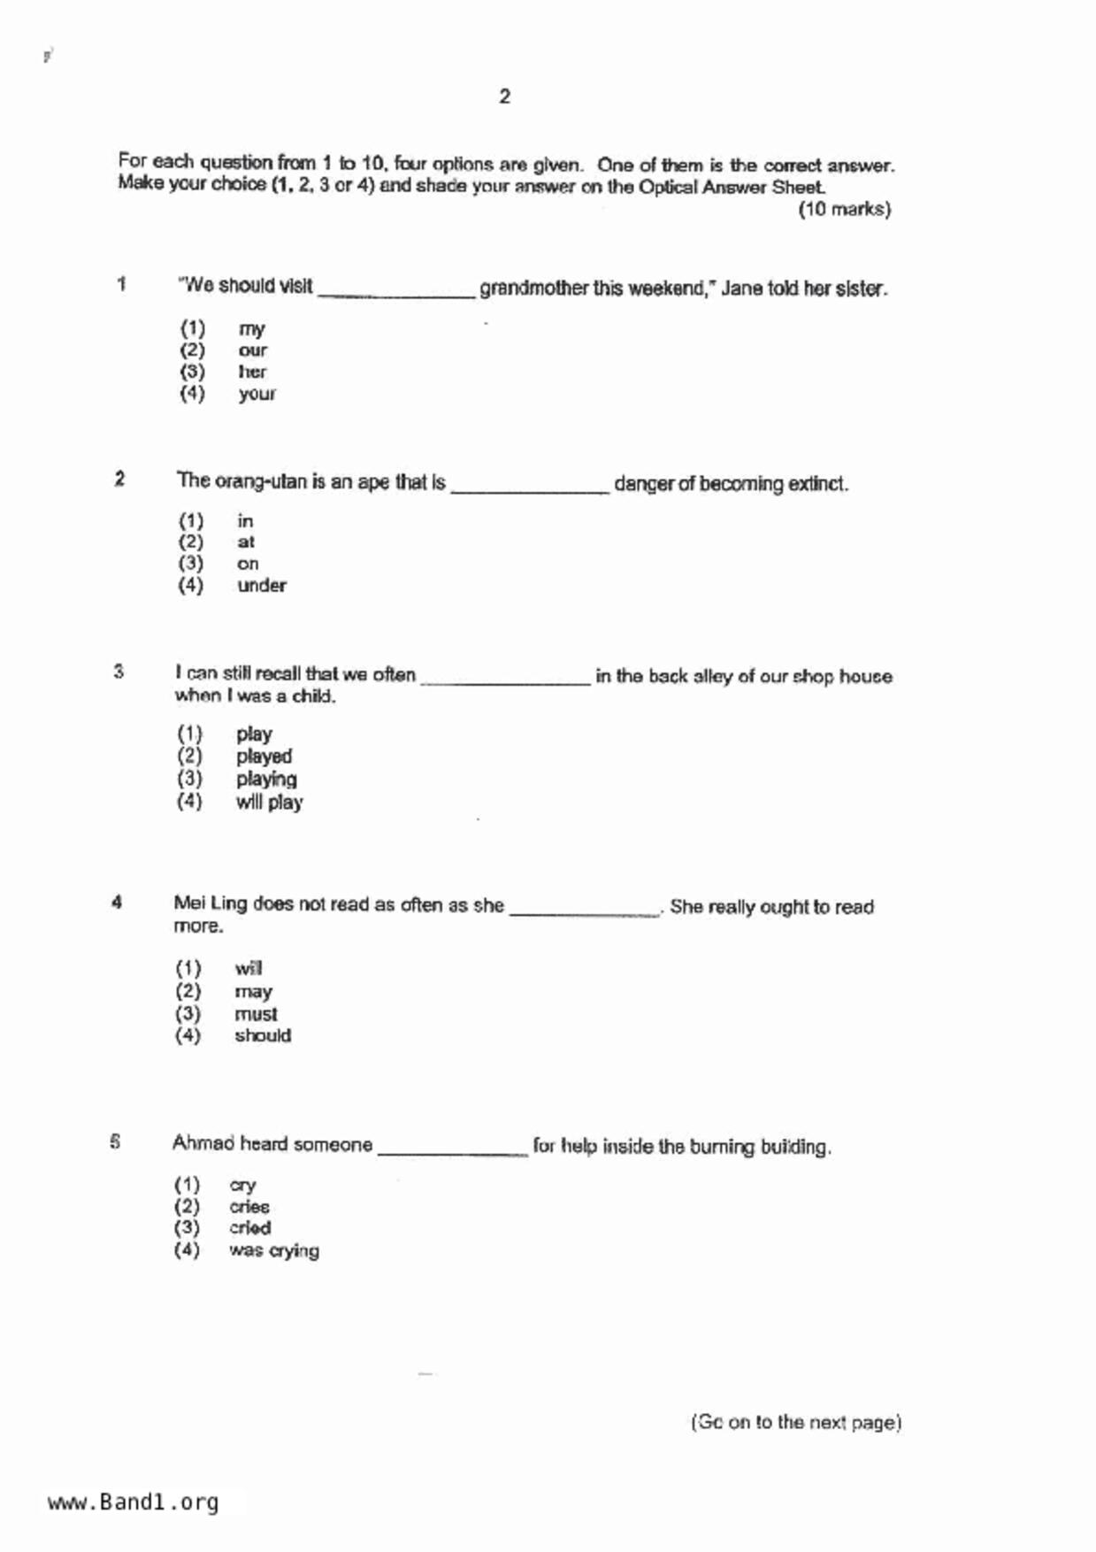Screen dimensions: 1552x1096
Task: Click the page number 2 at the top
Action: (504, 96)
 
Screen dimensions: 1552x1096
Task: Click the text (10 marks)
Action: (844, 210)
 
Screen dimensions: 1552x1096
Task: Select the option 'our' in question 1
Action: (252, 350)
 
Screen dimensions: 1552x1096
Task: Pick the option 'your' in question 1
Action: (257, 394)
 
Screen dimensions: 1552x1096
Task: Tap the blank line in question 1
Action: (396, 292)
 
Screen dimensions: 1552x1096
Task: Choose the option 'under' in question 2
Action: (262, 586)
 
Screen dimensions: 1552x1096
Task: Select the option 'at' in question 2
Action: (246, 542)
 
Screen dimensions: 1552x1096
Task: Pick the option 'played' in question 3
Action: (264, 757)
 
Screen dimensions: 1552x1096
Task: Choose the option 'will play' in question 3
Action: (269, 803)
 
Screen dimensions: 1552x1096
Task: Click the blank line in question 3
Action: (505, 680)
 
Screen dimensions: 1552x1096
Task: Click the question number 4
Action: (117, 903)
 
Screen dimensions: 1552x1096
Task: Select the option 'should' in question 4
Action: (263, 1036)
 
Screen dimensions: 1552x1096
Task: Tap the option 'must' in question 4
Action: (256, 1014)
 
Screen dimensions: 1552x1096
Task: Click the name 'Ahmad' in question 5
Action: (203, 1143)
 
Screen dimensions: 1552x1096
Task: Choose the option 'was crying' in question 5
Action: (273, 1251)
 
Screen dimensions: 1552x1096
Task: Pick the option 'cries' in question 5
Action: (249, 1207)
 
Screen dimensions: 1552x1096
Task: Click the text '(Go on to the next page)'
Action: (795, 1423)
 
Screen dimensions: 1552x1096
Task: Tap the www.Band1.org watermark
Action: (133, 1502)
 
